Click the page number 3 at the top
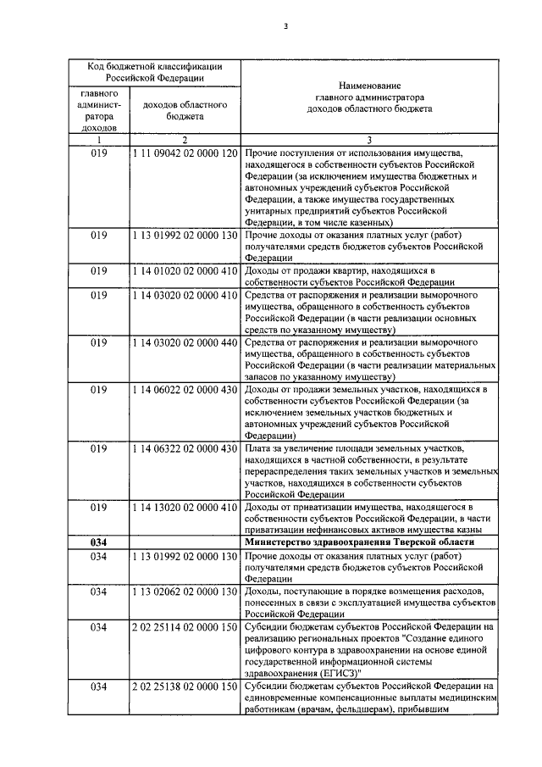(x=286, y=25)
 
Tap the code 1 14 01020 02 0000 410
(x=184, y=271)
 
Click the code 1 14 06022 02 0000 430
(x=184, y=389)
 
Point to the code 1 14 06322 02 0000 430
(x=184, y=448)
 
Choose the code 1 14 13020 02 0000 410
(x=184, y=508)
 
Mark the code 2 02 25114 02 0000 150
(x=184, y=626)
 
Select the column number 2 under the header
(x=184, y=139)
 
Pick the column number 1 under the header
(x=98, y=139)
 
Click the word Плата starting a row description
(x=258, y=448)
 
